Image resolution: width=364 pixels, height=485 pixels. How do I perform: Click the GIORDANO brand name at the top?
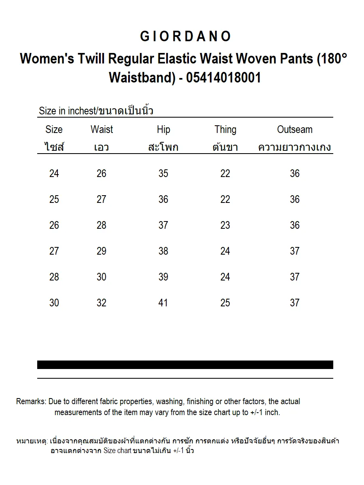coord(186,36)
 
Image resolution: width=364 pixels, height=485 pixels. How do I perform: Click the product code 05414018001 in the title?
coord(223,77)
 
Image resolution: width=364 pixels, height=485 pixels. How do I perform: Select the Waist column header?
coord(102,129)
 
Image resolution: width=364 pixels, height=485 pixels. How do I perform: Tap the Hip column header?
coord(163,129)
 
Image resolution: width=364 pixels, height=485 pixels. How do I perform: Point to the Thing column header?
coord(225,129)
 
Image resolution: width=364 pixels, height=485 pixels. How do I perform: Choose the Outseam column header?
coord(295,129)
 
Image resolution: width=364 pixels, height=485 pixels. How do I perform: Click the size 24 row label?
coord(54,173)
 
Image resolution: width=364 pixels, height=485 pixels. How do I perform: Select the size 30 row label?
coord(54,303)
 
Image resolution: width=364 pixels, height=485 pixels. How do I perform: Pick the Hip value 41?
coord(163,303)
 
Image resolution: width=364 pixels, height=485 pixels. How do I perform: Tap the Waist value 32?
coord(102,303)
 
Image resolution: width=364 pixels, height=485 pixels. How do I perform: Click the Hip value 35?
coord(163,173)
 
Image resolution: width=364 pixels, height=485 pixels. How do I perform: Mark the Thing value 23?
coord(225,225)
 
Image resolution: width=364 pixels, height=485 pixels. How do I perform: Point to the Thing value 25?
coord(225,303)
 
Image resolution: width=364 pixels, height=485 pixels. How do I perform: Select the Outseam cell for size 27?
coord(295,251)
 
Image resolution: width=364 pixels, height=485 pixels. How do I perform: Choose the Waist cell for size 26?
coord(102,225)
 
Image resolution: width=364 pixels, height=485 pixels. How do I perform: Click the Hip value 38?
coord(163,251)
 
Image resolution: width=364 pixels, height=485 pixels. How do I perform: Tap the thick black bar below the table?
coord(185,365)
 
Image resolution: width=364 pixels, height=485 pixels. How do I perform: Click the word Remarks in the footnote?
coord(31,402)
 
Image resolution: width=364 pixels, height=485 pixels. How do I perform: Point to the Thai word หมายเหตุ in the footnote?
coord(32,441)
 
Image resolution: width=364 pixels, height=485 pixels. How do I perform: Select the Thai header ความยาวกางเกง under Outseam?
coord(295,147)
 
